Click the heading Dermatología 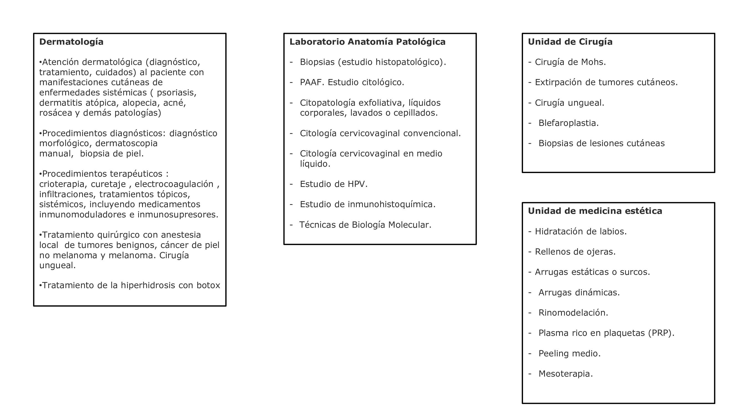[x=71, y=42]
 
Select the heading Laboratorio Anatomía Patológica [x=367, y=42]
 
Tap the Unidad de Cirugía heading [x=570, y=42]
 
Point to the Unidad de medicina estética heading [x=595, y=211]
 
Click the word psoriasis [x=176, y=93]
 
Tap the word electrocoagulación [x=174, y=184]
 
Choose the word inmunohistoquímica [x=391, y=204]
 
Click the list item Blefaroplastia [x=569, y=123]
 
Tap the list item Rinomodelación [x=573, y=313]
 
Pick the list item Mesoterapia [x=565, y=374]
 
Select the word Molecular [x=409, y=225]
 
